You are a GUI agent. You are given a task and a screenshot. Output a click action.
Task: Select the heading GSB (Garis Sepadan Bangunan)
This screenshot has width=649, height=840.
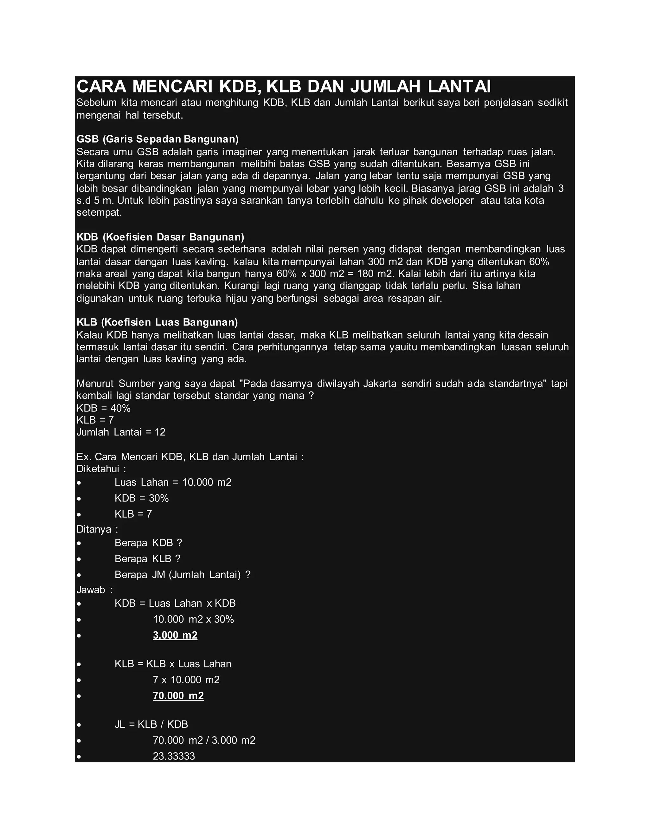157,139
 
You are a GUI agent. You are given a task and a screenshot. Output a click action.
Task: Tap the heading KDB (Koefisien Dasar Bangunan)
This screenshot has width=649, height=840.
160,236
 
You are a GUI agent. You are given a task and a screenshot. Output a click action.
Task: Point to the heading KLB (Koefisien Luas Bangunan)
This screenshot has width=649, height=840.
157,322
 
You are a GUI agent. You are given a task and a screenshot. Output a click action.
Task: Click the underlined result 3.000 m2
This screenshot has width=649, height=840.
175,635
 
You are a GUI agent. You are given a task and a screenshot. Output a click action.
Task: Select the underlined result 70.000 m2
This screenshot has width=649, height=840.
178,696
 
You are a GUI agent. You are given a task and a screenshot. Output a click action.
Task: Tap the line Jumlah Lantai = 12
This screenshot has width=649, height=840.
121,432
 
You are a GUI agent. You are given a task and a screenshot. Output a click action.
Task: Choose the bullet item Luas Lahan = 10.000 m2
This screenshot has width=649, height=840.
173,482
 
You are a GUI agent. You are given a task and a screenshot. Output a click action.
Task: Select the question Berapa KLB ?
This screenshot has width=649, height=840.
148,559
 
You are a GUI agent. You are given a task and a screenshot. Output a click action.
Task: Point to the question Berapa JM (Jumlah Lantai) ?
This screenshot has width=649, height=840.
182,575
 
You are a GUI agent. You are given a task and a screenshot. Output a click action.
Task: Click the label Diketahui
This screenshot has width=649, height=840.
101,469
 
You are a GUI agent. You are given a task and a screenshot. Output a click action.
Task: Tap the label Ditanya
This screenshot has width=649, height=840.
97,529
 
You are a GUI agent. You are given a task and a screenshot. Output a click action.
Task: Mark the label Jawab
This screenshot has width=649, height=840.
94,590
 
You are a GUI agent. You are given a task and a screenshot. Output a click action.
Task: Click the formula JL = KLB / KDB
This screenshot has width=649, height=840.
151,724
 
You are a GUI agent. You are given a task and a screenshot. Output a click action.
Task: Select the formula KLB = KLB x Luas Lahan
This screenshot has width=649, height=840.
173,664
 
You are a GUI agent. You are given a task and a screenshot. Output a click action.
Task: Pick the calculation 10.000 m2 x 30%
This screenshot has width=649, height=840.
193,619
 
